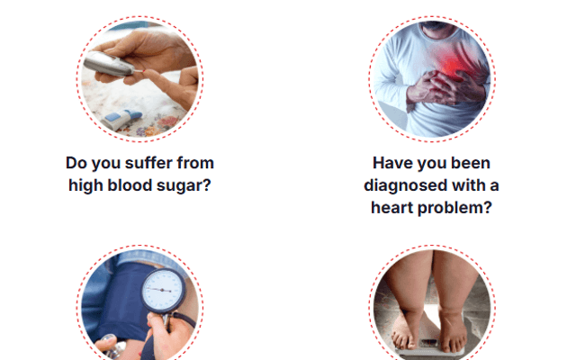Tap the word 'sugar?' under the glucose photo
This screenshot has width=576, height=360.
coord(190,186)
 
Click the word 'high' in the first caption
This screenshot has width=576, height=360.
coord(89,186)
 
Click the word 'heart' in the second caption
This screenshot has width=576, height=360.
coord(396,208)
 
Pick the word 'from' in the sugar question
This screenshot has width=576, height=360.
coord(195,164)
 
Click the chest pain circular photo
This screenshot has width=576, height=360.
coord(431,79)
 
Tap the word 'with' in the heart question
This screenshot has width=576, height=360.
coord(465,185)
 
